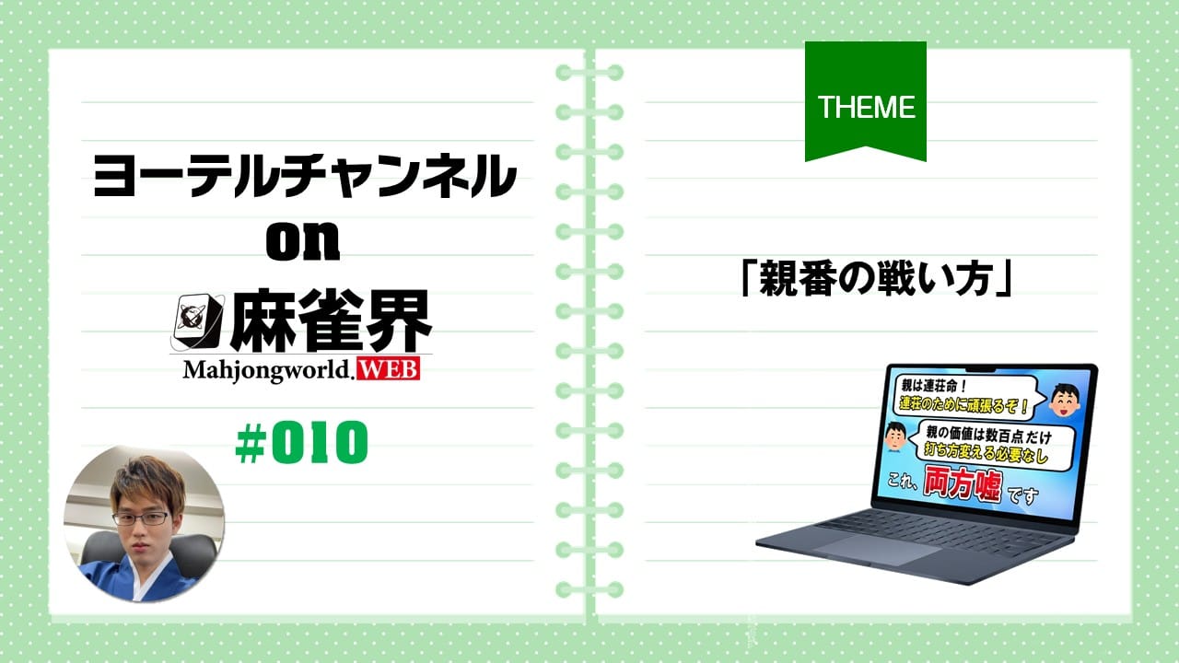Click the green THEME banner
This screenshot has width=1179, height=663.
point(865,100)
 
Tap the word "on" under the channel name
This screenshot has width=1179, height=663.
point(303,241)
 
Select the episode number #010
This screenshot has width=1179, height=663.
point(301,442)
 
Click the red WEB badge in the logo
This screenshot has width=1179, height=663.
point(389,369)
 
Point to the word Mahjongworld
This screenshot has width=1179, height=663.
point(267,370)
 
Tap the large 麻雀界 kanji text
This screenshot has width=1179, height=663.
point(331,321)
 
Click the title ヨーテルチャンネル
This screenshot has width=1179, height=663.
point(305,176)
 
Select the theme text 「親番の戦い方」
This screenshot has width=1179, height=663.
point(875,278)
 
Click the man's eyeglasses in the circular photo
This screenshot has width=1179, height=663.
point(141,518)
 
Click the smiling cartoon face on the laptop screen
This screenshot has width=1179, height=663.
point(1064,401)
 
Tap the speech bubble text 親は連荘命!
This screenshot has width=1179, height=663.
point(934,386)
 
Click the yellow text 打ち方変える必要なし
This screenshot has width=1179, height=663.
point(986,453)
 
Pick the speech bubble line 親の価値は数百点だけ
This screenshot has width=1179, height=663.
point(988,436)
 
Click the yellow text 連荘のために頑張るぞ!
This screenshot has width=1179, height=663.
point(963,404)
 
